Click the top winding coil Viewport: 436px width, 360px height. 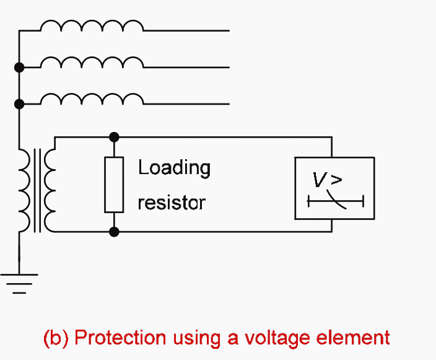92,26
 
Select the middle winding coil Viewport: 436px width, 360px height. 92,63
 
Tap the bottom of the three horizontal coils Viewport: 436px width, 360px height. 92,99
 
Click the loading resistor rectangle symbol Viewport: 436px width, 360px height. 113,185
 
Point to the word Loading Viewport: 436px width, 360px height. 174,168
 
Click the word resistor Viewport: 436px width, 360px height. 172,203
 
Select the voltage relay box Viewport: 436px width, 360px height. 334,188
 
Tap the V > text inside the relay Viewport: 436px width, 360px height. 327,180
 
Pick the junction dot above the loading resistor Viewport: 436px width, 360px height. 113,137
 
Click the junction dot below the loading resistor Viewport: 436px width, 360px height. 113,232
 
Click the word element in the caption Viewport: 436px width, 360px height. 362,338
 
